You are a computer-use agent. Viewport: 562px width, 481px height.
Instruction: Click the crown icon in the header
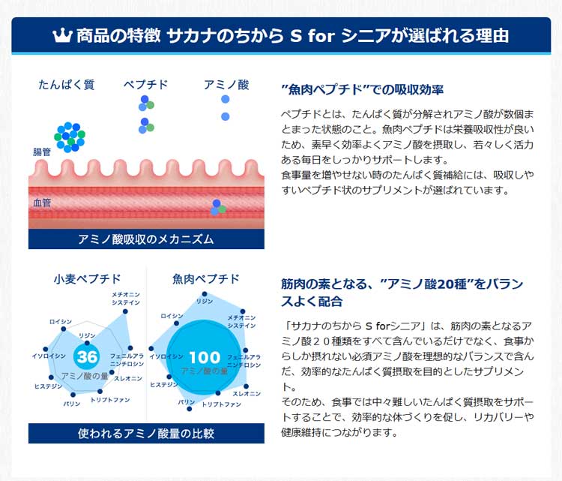(x=62, y=36)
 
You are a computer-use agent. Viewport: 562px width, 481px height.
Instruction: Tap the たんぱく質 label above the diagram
(x=66, y=85)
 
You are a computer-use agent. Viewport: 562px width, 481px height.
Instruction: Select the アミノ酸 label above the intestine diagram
(x=226, y=85)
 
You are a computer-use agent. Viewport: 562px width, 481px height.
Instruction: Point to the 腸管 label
(x=42, y=151)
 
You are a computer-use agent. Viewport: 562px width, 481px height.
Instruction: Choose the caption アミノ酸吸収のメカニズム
(x=146, y=239)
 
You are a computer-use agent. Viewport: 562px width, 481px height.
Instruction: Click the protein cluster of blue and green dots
(x=68, y=137)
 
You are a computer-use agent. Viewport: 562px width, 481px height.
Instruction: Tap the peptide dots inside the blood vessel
(x=217, y=206)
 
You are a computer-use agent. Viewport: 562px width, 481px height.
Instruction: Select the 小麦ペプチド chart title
(x=87, y=279)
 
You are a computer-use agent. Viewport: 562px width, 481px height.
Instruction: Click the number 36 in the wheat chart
(x=88, y=356)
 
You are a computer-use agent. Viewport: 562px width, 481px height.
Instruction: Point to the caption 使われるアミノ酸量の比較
(x=146, y=434)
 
